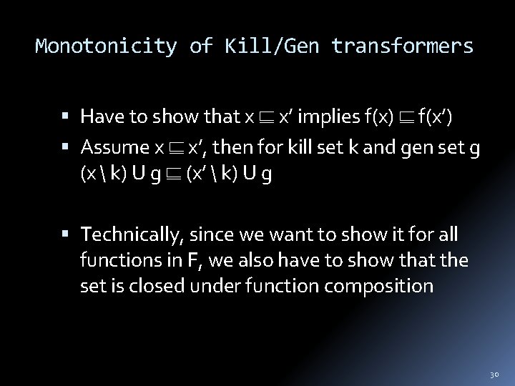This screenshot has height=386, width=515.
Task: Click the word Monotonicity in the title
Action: point(106,47)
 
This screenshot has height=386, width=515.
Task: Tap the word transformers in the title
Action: point(402,47)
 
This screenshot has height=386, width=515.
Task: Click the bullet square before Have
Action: point(71,116)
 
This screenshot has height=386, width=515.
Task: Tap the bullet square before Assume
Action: point(71,148)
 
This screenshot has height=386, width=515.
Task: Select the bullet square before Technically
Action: point(71,235)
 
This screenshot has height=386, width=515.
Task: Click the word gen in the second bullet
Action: point(418,149)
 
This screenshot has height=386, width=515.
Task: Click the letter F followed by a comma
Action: point(192,261)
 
